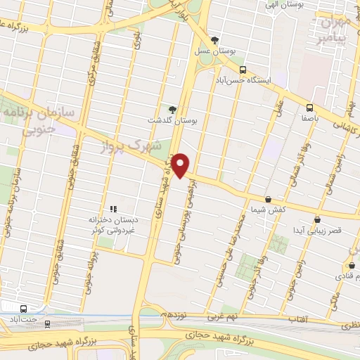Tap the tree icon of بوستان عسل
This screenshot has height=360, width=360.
215,39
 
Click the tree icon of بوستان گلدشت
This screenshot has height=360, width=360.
172,109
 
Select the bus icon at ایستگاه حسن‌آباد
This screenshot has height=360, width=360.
243,70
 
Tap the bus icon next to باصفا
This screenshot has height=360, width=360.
309,108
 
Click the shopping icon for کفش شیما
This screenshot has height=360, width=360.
268,200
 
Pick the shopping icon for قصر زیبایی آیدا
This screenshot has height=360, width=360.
318,220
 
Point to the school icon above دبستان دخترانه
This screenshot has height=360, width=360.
112,209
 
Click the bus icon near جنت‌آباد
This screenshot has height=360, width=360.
24,309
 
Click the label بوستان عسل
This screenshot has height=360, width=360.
215,51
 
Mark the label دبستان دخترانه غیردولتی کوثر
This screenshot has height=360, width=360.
112,224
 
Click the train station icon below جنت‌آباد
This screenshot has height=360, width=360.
48,324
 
